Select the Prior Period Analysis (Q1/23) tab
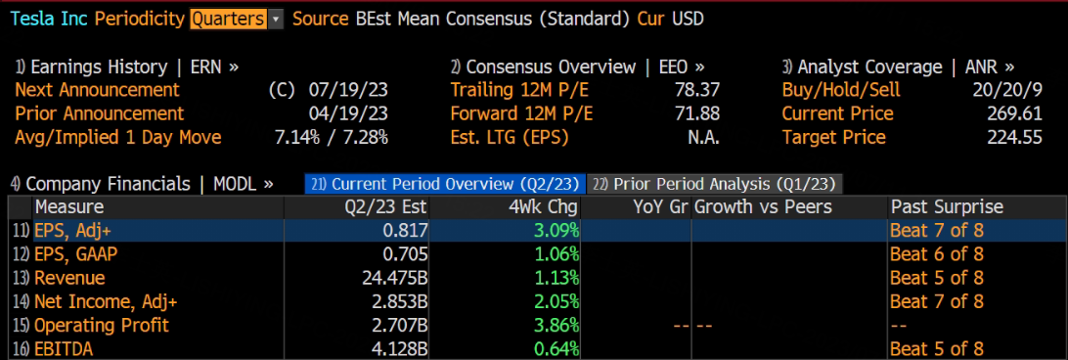[715, 183]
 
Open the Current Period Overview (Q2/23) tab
[445, 183]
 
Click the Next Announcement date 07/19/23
[348, 90]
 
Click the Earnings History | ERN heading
[127, 67]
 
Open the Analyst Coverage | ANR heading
[898, 67]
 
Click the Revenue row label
[69, 278]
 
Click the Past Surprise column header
[947, 207]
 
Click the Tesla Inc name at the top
[48, 19]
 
